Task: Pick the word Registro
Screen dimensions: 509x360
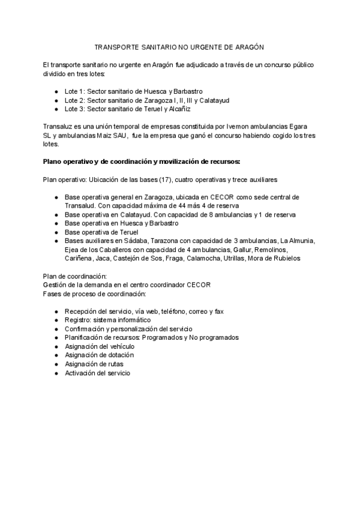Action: (x=78, y=320)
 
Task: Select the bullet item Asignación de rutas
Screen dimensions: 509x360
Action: (x=96, y=364)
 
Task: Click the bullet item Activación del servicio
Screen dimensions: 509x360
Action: (x=97, y=373)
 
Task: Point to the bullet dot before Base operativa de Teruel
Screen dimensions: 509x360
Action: (x=56, y=232)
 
